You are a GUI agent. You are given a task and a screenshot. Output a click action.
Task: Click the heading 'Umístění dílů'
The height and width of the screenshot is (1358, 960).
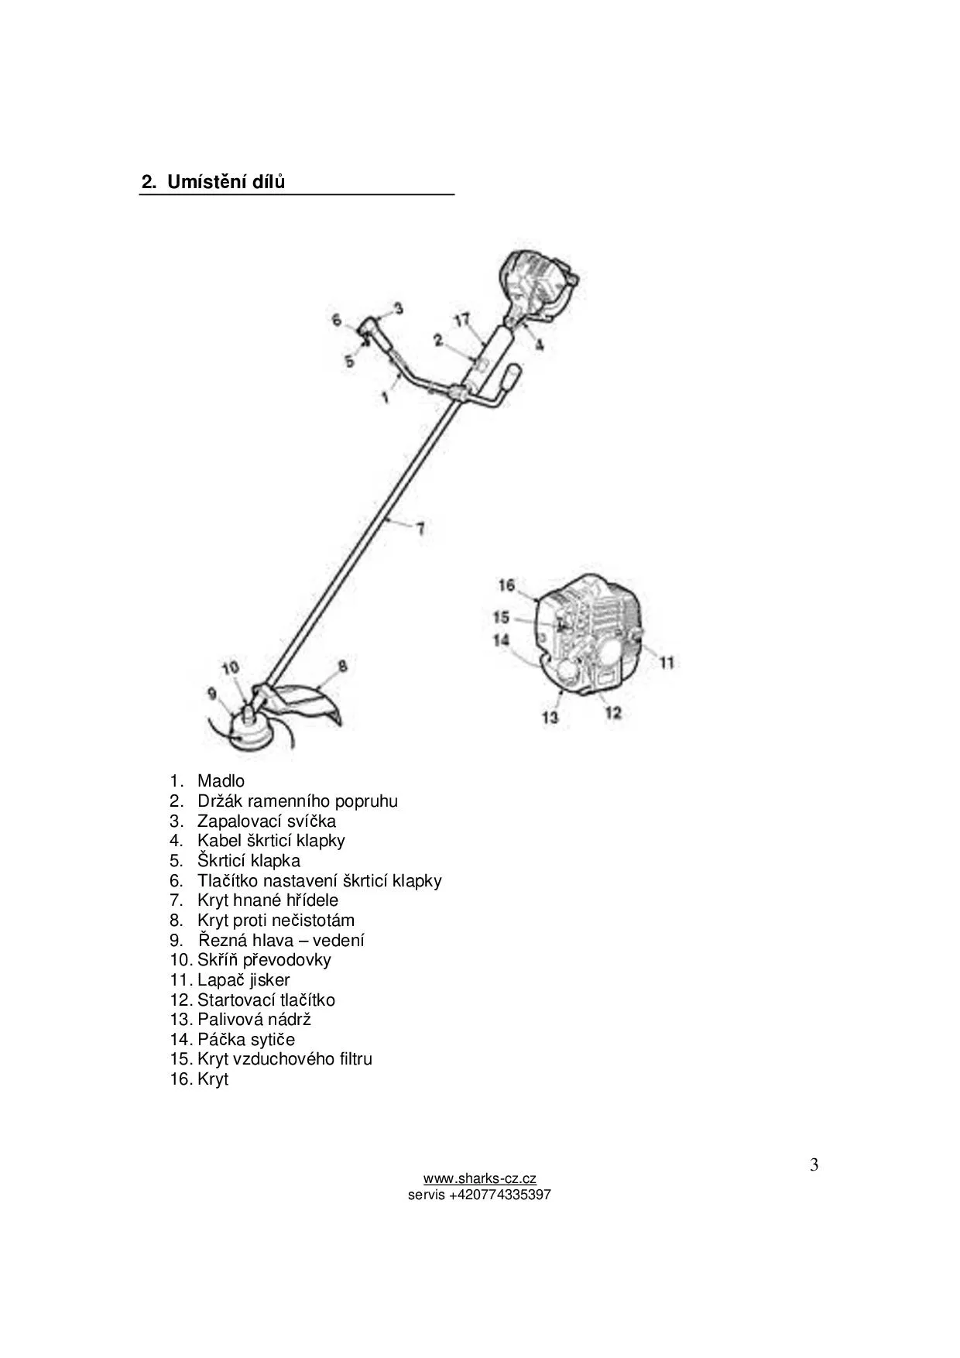(x=225, y=183)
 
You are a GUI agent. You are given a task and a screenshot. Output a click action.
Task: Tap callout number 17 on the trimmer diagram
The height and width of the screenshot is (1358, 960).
(x=461, y=320)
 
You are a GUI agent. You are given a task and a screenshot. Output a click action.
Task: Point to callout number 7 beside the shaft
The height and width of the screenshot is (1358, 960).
(x=420, y=529)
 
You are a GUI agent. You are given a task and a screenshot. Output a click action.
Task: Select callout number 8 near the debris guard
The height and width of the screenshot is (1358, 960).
(x=342, y=666)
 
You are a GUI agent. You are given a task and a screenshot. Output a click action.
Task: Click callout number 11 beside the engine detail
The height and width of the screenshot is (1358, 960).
(x=667, y=662)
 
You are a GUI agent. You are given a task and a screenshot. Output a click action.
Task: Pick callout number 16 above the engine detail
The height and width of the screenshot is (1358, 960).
(x=506, y=585)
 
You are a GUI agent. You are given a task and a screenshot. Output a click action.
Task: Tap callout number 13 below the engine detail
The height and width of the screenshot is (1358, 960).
(x=550, y=717)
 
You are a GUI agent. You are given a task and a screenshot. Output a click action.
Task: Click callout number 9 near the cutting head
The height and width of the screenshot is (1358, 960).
(x=212, y=693)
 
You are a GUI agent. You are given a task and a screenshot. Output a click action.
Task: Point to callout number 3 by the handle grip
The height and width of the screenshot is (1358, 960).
(x=398, y=308)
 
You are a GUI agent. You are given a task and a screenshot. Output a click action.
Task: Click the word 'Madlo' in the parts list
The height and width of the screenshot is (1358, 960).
(x=221, y=781)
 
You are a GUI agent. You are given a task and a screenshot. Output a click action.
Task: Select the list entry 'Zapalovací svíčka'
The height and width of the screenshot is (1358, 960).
(x=266, y=821)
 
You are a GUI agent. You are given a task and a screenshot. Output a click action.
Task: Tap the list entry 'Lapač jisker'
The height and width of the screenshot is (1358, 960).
(x=243, y=979)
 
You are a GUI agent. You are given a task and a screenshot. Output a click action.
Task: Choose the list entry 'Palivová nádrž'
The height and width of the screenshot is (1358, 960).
(x=254, y=1019)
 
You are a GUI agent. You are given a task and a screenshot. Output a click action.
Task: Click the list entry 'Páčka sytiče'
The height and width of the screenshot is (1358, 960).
(x=245, y=1039)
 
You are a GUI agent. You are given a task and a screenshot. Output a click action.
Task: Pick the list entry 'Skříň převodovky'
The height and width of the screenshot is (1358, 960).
(x=263, y=960)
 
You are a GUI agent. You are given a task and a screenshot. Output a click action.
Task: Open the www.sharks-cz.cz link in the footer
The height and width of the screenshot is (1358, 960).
(x=479, y=1179)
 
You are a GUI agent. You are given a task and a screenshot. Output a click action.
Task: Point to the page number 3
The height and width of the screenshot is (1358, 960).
(x=814, y=1164)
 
